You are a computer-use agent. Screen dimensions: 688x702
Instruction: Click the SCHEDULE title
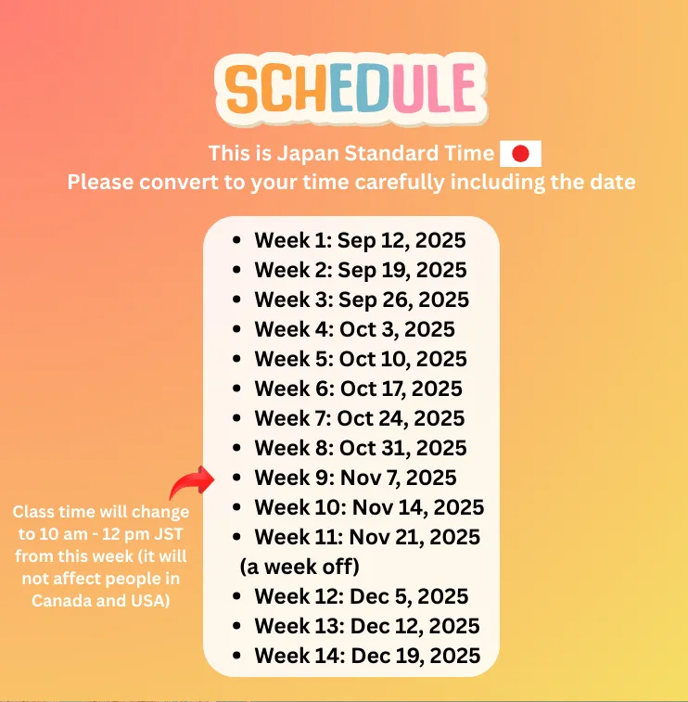coord(350,88)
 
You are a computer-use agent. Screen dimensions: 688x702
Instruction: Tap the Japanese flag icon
coord(520,154)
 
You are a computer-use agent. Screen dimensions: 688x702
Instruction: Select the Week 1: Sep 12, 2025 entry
coord(361,240)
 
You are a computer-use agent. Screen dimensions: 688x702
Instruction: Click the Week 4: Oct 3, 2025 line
coord(354,329)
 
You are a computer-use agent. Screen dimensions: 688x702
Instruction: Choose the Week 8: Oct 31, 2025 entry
coord(361,448)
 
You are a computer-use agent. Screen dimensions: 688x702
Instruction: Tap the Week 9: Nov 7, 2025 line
coord(355,478)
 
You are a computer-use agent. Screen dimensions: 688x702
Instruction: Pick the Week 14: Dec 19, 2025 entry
coord(367,656)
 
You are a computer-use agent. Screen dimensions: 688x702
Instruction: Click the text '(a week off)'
coord(299,567)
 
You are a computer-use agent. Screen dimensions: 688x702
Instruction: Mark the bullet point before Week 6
coord(236,389)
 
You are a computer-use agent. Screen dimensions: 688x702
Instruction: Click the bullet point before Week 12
coord(236,596)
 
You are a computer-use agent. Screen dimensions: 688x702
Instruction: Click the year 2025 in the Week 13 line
coord(454,626)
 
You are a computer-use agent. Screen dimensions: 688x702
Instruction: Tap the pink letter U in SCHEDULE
coord(408,88)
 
